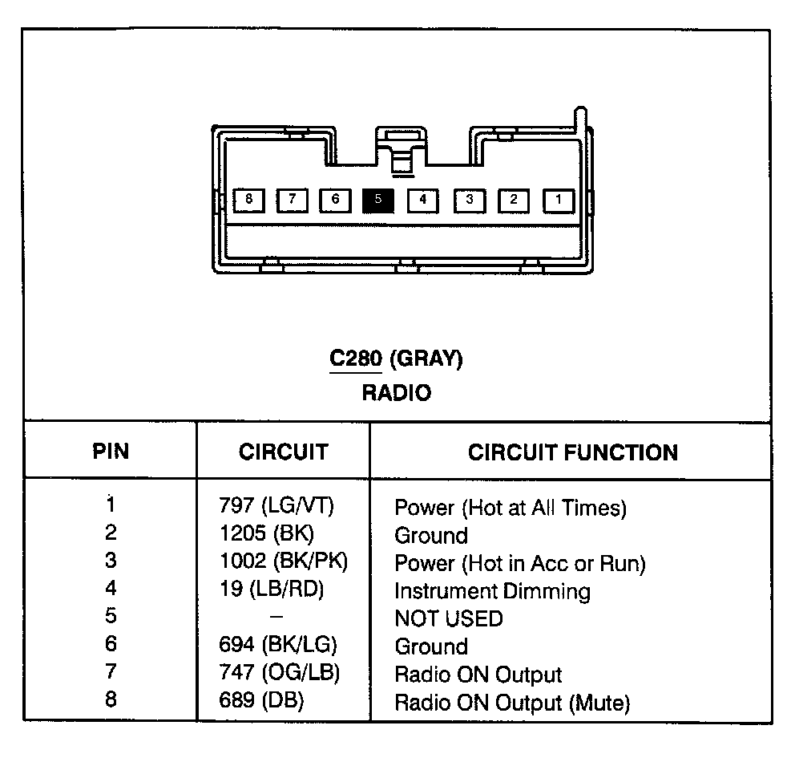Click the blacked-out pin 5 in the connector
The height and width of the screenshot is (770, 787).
[378, 199]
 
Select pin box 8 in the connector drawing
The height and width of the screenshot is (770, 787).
[249, 199]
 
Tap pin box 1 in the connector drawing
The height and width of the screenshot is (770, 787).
[559, 200]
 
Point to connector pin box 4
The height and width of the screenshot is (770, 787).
[422, 199]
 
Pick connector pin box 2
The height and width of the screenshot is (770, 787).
[514, 200]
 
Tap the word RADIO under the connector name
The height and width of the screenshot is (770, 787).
[396, 393]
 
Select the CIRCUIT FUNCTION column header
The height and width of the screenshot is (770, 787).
[572, 452]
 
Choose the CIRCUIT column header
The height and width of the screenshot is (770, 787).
[283, 452]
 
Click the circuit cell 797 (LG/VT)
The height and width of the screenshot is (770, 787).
[276, 506]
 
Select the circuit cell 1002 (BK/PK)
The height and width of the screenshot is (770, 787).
[284, 561]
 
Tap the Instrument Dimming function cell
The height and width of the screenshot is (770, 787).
[492, 592]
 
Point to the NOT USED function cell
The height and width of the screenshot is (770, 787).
[449, 619]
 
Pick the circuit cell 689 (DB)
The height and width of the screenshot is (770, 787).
[261, 701]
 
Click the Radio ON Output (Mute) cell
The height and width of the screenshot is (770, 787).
[512, 703]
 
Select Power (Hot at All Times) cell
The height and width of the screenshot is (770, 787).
[510, 508]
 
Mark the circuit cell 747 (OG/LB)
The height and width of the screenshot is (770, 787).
[279, 673]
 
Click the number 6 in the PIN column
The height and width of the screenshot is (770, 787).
[111, 644]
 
